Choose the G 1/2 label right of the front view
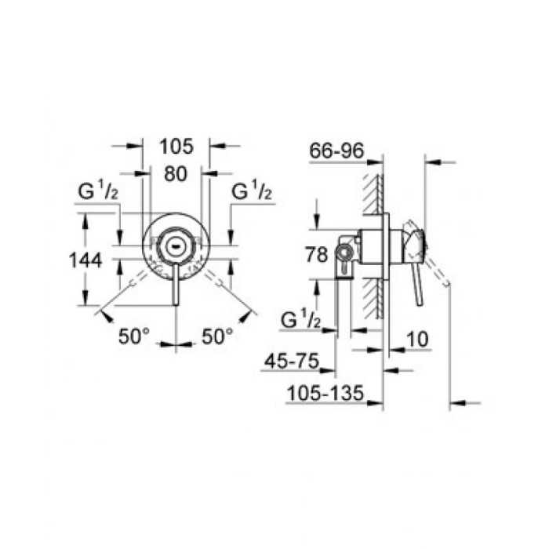252,191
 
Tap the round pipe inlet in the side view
342,253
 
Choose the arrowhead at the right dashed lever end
252,315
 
